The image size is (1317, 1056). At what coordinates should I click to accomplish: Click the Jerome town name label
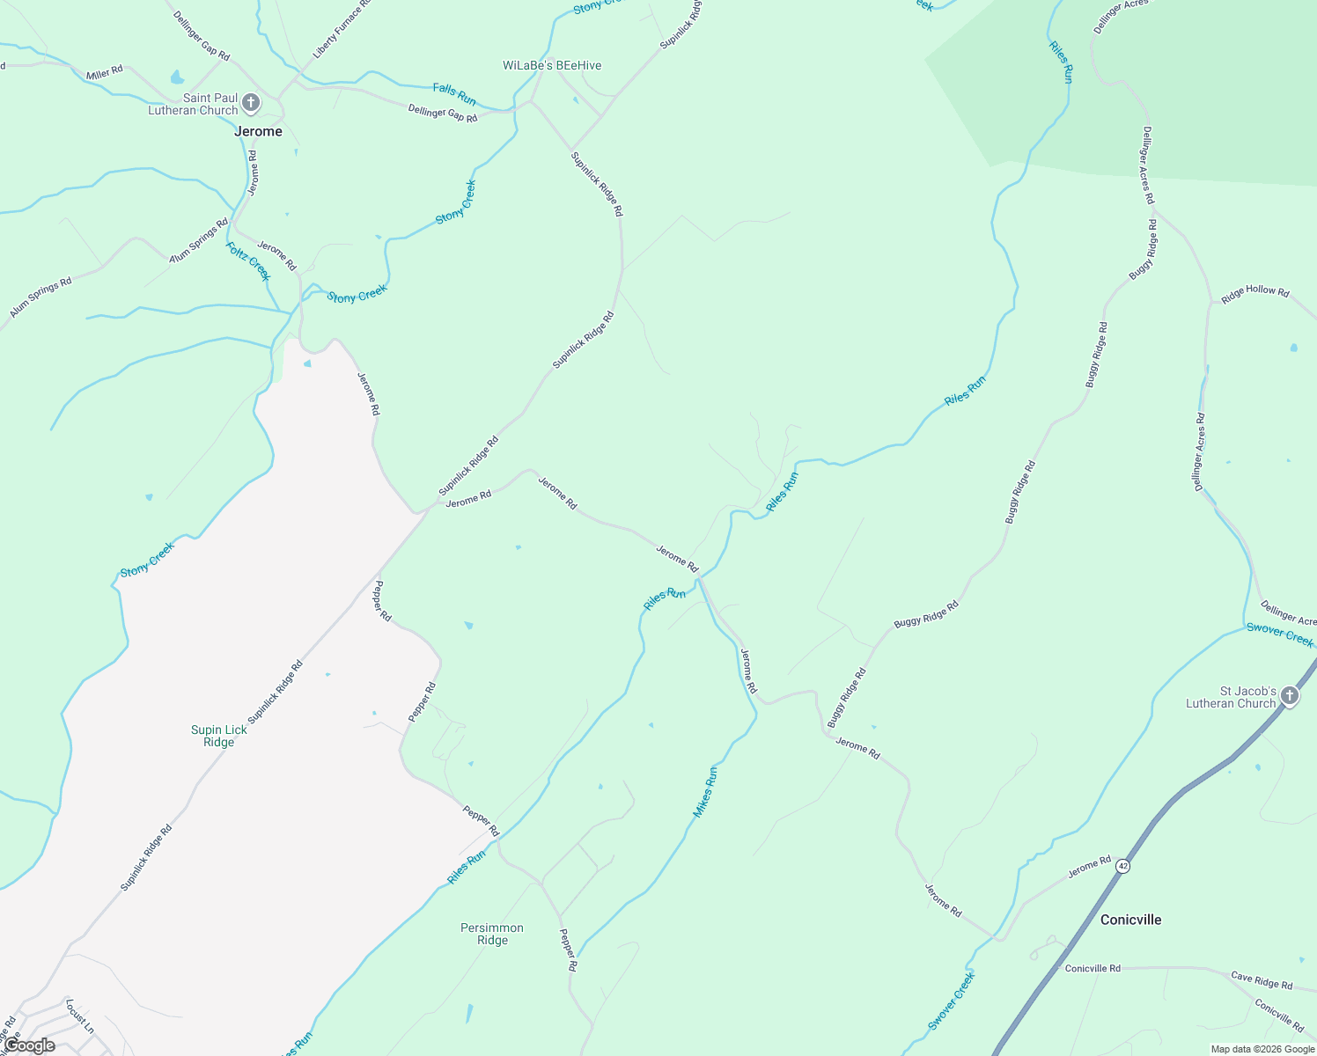[x=258, y=131]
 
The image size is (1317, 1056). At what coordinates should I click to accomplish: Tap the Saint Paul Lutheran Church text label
[x=193, y=104]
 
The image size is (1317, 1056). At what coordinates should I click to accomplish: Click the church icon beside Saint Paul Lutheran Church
[x=251, y=104]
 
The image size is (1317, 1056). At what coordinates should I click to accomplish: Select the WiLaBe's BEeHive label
[x=552, y=65]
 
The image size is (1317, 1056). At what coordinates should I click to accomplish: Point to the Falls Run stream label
[x=454, y=93]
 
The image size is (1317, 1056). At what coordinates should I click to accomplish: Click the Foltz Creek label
[x=248, y=261]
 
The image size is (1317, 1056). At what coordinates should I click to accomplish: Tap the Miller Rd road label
[x=105, y=73]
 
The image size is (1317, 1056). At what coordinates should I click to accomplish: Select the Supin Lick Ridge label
[x=219, y=736]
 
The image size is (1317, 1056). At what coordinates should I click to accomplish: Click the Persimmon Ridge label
[x=492, y=934]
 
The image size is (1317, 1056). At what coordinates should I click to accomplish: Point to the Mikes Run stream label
[x=705, y=792]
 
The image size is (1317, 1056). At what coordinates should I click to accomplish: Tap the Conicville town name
[x=1130, y=920]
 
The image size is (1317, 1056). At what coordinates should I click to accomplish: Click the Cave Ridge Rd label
[x=1262, y=980]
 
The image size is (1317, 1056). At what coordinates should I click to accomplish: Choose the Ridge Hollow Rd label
[x=1254, y=294]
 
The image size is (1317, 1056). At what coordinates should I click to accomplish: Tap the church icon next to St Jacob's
[x=1290, y=697]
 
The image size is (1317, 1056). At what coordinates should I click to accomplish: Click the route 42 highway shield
[x=1122, y=866]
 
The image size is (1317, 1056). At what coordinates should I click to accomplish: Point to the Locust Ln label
[x=79, y=1016]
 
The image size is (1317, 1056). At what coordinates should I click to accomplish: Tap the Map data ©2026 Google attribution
[x=1262, y=1049]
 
